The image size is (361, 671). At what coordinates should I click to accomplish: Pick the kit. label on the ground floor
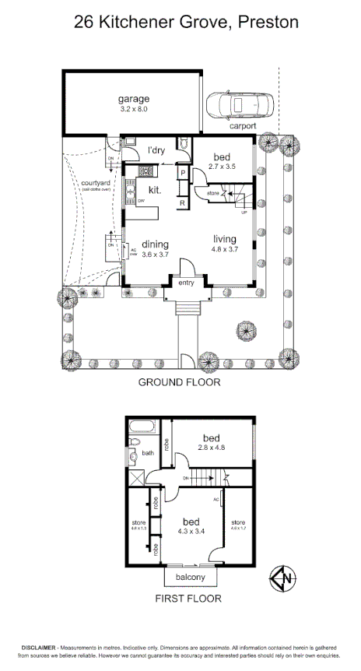[143, 190]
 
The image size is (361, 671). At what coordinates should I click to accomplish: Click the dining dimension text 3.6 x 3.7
[155, 255]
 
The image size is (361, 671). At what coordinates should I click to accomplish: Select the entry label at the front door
[186, 283]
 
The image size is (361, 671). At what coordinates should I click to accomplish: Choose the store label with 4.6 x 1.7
[238, 526]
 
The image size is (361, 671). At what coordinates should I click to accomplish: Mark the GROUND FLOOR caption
[180, 382]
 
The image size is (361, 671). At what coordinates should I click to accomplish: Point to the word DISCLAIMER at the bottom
[38, 648]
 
